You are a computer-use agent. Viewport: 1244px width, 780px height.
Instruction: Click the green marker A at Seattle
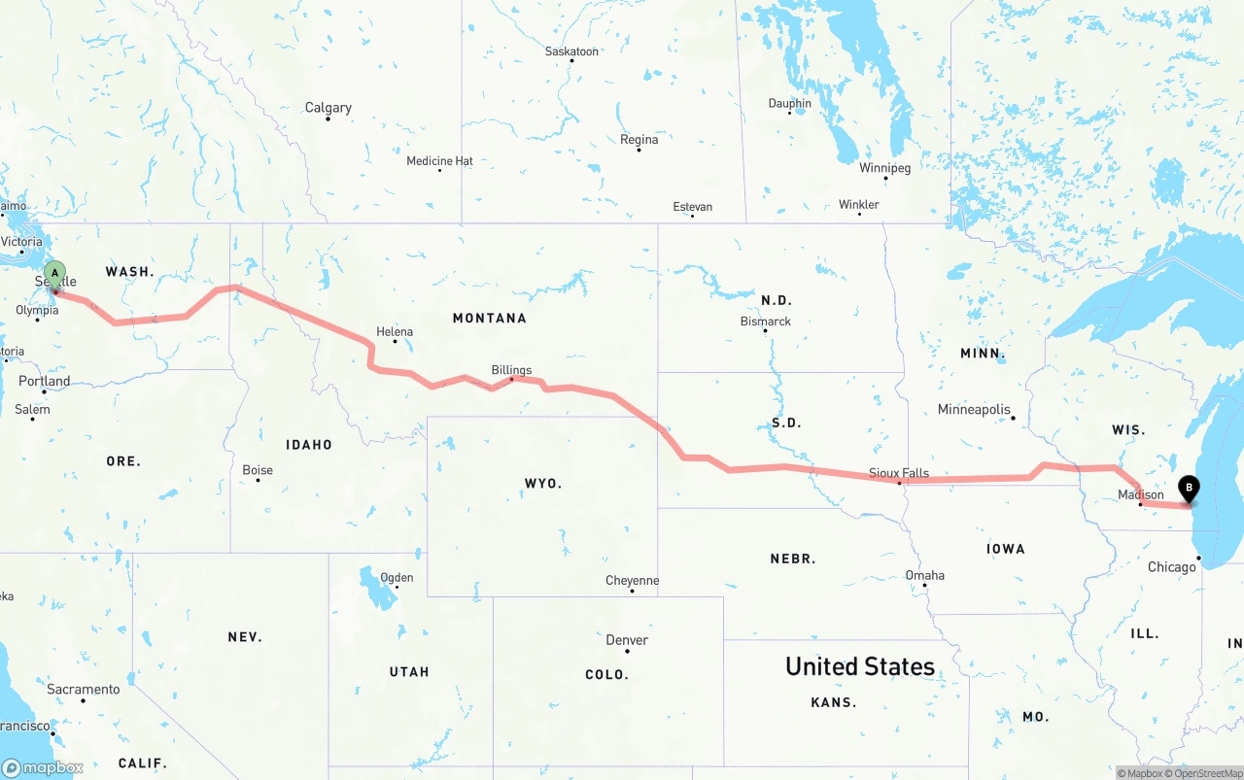tap(55, 274)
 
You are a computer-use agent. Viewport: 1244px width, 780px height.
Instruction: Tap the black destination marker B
tap(1188, 489)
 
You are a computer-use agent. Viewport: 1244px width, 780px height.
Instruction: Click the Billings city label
tap(511, 370)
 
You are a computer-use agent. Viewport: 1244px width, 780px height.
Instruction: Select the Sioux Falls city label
tap(898, 473)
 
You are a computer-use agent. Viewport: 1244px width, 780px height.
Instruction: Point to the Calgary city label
tap(328, 108)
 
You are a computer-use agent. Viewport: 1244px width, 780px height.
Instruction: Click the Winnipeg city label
tap(884, 168)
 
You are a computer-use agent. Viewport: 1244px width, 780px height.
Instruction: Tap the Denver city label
tap(627, 640)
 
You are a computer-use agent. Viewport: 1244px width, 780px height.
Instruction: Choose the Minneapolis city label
tap(974, 410)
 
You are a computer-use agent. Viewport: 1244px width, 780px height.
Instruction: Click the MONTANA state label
tap(489, 319)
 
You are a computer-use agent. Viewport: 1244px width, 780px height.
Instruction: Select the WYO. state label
tap(543, 484)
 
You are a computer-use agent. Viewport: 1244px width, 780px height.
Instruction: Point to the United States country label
tap(860, 666)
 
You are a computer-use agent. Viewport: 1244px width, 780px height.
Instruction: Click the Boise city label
tap(258, 470)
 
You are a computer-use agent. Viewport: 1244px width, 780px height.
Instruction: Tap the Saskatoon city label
tap(571, 51)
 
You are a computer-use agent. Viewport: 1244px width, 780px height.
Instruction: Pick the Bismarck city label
tap(766, 322)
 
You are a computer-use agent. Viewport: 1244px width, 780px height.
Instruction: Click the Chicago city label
tap(1171, 567)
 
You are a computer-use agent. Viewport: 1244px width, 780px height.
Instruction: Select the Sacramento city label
tap(84, 690)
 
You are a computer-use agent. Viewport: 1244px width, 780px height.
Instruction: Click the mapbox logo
tap(43, 767)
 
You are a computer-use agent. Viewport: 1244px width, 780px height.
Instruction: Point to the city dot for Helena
tap(395, 341)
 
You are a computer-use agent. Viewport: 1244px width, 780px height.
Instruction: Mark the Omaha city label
tap(924, 575)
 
